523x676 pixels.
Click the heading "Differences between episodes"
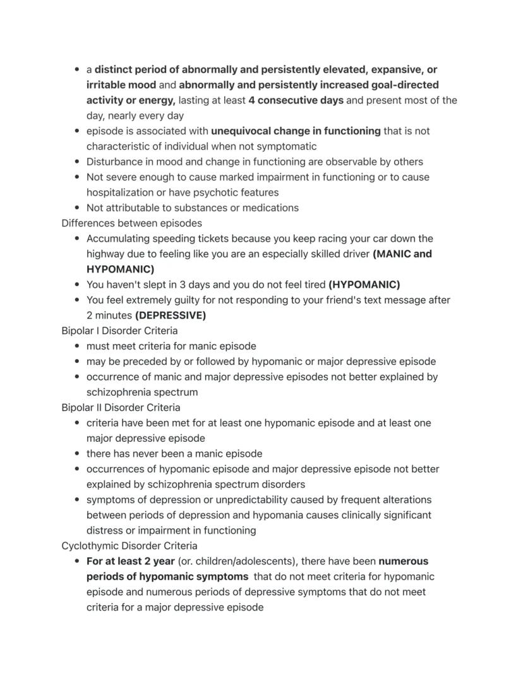click(x=131, y=223)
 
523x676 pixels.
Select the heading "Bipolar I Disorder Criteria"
click(x=119, y=331)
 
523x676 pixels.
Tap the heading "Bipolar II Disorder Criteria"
click(x=121, y=408)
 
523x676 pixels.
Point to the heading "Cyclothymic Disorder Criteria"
click(x=129, y=546)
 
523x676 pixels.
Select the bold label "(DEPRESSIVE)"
click(x=171, y=316)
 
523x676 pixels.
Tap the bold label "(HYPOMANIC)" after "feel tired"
click(x=364, y=285)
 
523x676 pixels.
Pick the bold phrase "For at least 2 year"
click(x=131, y=561)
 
